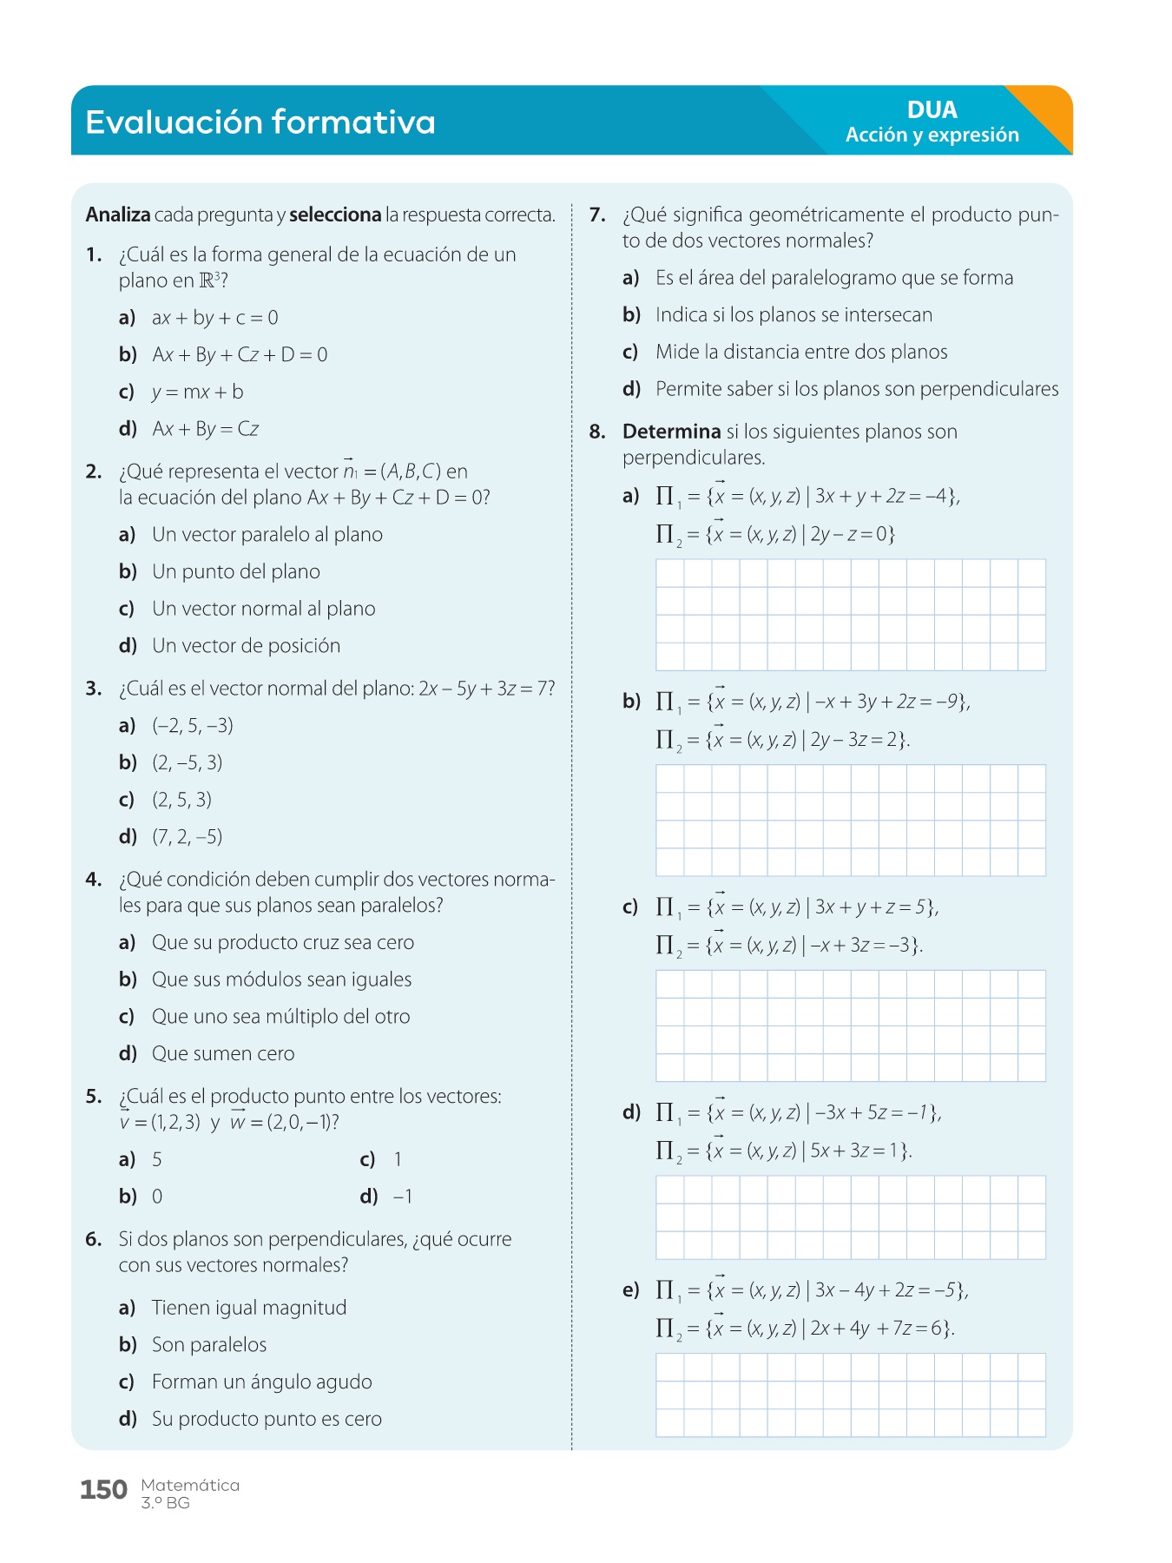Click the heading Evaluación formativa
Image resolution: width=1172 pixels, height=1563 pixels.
260,122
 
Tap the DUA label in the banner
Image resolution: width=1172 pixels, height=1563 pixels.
932,109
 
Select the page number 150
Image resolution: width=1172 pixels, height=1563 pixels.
103,1490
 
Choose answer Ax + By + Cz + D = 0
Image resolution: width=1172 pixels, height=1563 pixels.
240,355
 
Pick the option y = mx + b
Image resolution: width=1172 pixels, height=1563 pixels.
197,392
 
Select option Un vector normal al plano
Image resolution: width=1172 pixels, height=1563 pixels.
263,609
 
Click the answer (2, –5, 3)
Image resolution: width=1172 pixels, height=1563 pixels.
188,763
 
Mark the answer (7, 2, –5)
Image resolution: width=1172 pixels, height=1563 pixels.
188,837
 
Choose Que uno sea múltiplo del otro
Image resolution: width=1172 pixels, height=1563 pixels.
280,1017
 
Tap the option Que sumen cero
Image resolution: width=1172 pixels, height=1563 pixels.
223,1054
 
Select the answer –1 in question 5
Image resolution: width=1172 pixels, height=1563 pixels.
403,1197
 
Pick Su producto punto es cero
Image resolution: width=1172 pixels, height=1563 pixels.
267,1420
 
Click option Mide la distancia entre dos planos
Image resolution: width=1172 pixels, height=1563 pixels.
800,353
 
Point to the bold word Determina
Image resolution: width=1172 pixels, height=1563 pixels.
671,432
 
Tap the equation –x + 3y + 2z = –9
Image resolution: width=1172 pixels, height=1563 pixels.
889,702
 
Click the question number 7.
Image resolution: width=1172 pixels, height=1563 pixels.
597,215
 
